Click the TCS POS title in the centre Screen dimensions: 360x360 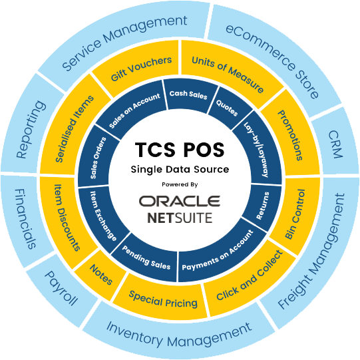pos(180,150)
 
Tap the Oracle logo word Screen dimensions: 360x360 pos(180,201)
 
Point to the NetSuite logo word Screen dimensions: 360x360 pos(180,218)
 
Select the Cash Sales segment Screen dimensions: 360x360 pos(189,95)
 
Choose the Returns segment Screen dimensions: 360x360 pos(263,206)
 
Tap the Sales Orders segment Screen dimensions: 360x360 pos(98,158)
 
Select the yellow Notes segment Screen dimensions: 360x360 pos(101,274)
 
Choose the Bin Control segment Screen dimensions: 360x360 pos(295,215)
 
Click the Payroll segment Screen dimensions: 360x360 pos(61,289)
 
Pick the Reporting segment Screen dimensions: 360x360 pos(31,130)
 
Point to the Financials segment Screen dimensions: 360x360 pos(26,218)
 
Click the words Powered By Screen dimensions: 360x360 pos(180,184)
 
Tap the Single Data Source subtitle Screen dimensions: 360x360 pos(180,170)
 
